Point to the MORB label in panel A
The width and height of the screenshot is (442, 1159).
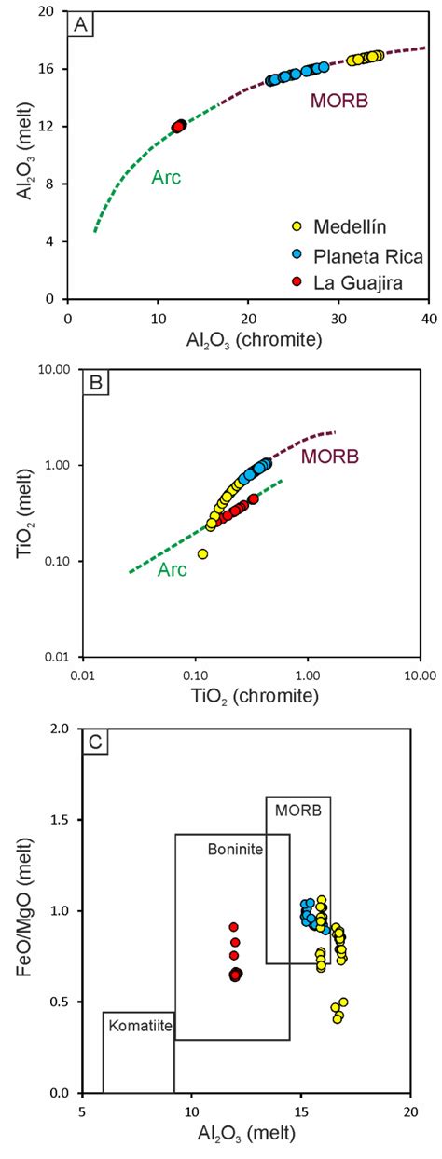tap(335, 100)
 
